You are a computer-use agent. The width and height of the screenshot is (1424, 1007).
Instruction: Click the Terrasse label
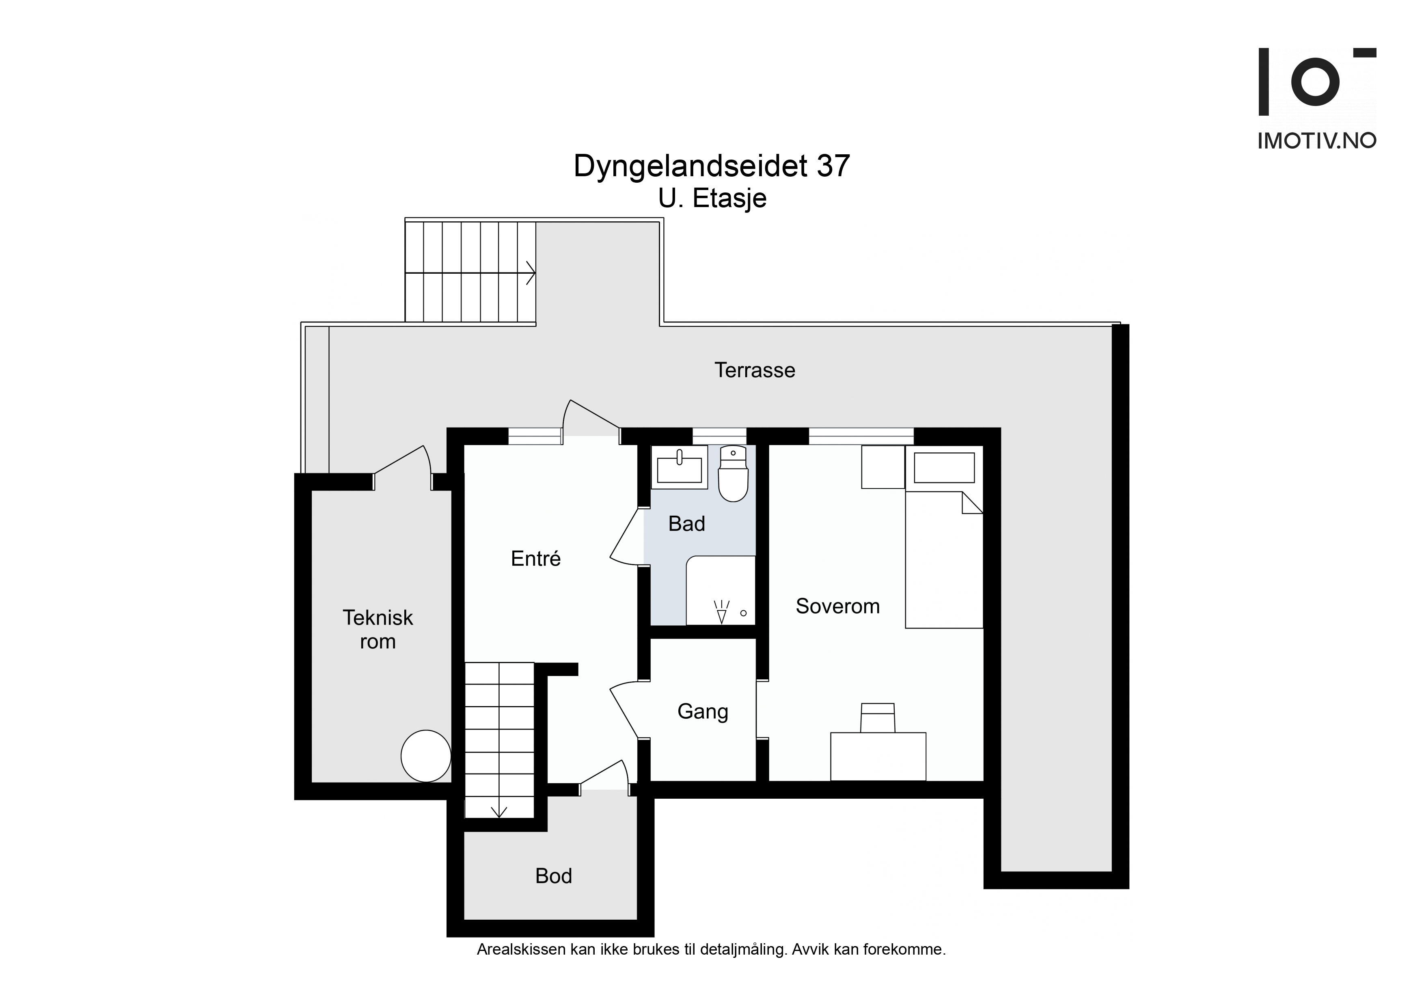click(754, 370)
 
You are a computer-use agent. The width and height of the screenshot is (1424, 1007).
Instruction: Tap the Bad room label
click(686, 524)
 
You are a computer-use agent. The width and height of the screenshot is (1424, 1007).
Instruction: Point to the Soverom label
click(838, 606)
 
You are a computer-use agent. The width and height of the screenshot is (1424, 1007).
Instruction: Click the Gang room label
click(703, 712)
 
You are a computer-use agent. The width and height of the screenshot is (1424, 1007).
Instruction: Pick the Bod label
click(553, 876)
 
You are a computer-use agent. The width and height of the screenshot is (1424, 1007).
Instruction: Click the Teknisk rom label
click(378, 629)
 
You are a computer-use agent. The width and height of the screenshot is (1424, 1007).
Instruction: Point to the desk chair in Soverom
click(878, 718)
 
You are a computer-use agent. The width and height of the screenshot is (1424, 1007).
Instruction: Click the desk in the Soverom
click(878, 756)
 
